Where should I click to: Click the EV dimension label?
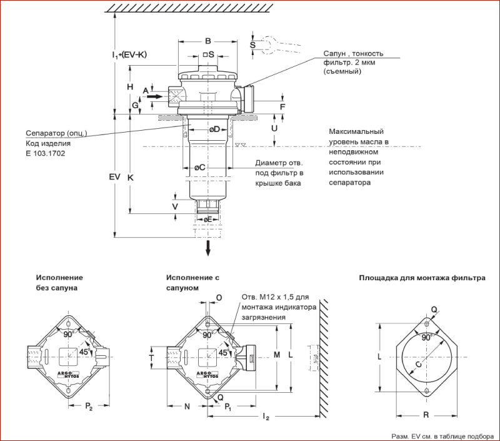tap(114, 177)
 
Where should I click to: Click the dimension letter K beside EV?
tap(131, 177)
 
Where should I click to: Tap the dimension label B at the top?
tap(207, 41)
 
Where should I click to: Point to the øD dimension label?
tap(214, 129)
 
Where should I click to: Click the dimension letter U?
tap(274, 128)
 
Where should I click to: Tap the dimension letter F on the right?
tap(282, 107)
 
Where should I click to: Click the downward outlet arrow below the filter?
tap(207, 248)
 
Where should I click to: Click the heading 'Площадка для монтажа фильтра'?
tap(421, 277)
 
